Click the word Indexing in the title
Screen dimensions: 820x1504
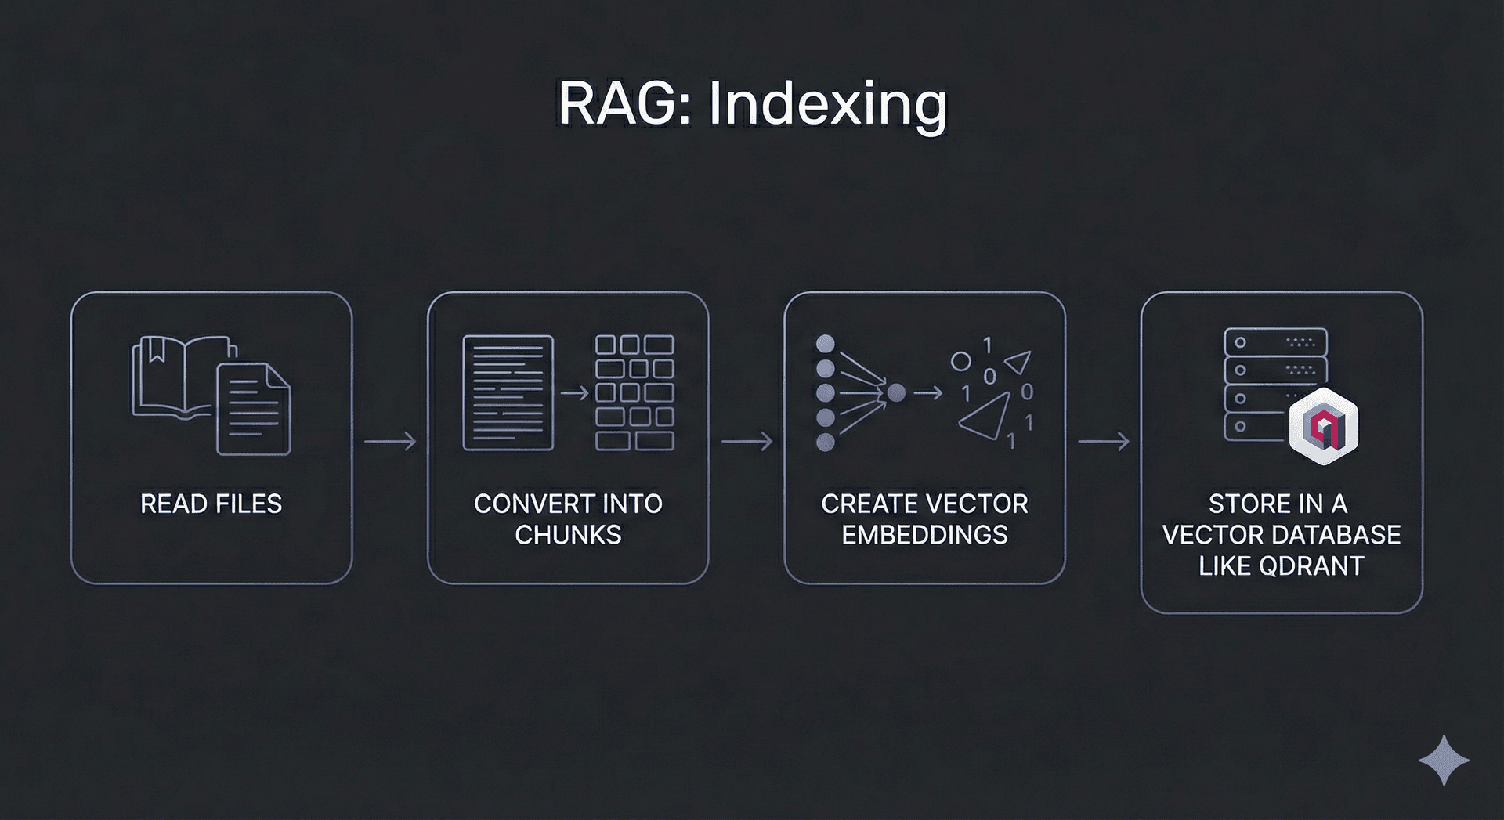click(827, 105)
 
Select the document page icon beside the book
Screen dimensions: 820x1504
click(254, 410)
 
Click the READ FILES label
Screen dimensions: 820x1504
click(211, 504)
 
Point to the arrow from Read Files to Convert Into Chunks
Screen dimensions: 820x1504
click(389, 442)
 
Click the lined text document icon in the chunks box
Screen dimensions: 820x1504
click(508, 393)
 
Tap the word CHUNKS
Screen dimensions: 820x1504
click(568, 535)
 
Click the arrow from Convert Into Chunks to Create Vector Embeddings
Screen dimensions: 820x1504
click(747, 442)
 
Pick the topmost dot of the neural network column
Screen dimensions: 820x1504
click(825, 344)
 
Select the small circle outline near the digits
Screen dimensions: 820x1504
click(960, 361)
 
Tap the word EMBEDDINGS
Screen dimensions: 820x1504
click(924, 535)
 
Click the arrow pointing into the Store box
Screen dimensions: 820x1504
click(1103, 442)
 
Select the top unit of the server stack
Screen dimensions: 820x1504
click(1274, 342)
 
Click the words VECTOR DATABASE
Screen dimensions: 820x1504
click(1281, 535)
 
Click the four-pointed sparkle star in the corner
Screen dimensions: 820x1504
click(1444, 760)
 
